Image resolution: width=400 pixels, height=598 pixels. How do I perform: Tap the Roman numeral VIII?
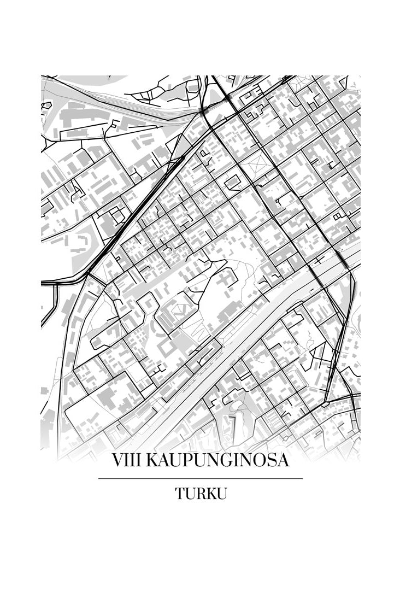click(125, 461)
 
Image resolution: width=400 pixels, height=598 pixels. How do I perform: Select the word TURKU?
click(201, 494)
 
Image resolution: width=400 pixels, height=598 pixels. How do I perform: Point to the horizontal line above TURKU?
click(200, 478)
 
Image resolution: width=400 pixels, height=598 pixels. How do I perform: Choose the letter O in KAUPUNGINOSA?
click(258, 461)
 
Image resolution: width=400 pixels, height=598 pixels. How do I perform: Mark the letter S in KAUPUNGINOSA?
click(271, 461)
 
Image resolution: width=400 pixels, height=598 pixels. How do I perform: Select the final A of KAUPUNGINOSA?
click(283, 461)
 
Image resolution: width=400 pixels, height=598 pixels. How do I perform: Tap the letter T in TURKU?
click(180, 494)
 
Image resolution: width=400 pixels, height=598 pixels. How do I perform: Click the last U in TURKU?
click(221, 494)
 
